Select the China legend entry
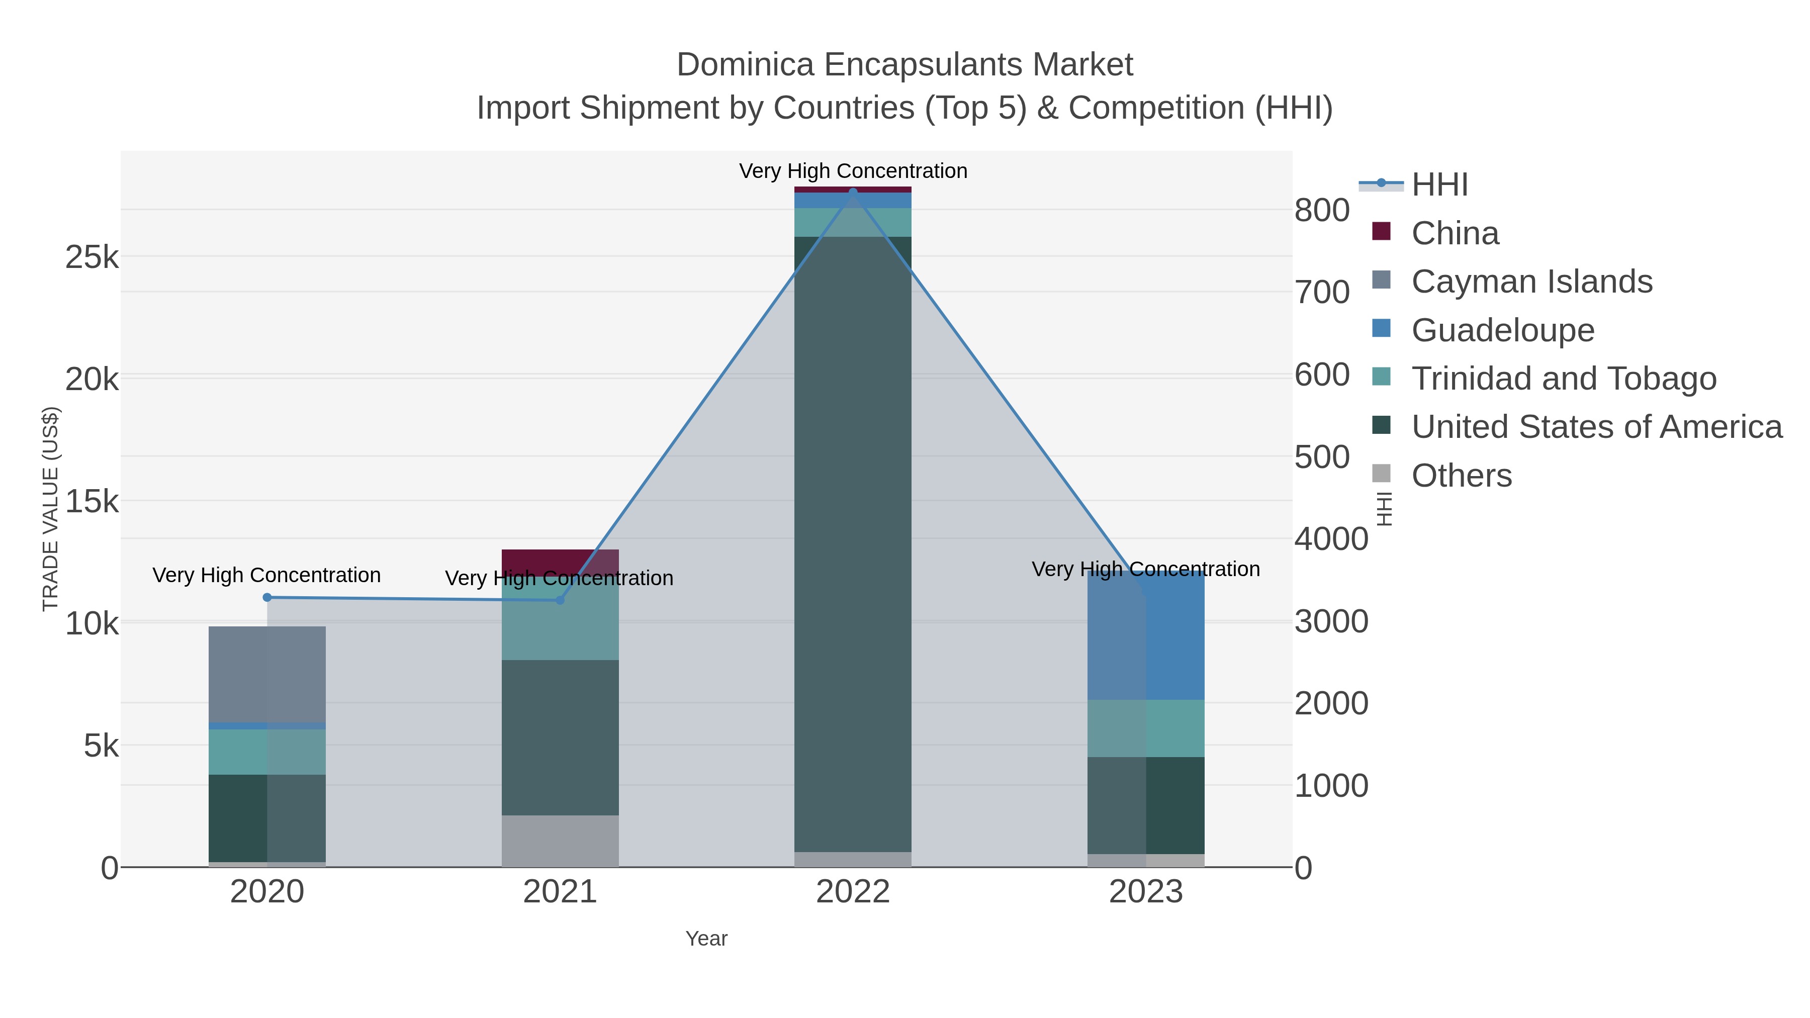[x=1455, y=233]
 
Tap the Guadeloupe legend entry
[x=1502, y=330]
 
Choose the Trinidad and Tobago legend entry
[x=1563, y=379]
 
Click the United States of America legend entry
[x=1596, y=427]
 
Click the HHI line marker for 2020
[x=267, y=598]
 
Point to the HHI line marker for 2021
[x=560, y=600]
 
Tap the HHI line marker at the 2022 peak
[x=853, y=191]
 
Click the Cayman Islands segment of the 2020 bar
[x=267, y=675]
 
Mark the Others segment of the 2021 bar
[x=560, y=841]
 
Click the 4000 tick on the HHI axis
[x=1331, y=539]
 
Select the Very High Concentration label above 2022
[x=853, y=171]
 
